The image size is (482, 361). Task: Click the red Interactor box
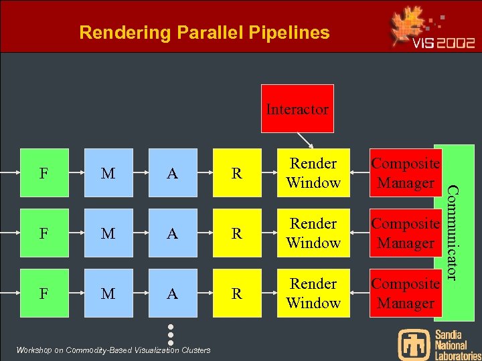(x=297, y=108)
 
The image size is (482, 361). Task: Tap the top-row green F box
(x=43, y=173)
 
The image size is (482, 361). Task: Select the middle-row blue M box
(x=108, y=233)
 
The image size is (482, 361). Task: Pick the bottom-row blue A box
(x=173, y=293)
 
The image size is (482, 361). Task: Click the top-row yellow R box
(x=237, y=173)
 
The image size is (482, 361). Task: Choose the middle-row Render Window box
(x=313, y=233)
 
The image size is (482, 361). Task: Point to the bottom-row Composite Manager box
(x=405, y=293)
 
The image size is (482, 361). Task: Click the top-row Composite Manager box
(x=405, y=173)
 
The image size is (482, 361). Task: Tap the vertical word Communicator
(x=453, y=233)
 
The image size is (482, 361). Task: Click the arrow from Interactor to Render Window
(x=305, y=140)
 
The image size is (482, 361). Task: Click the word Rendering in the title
(x=118, y=32)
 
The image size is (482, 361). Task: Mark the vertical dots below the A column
(x=171, y=334)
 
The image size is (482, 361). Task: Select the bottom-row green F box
(x=43, y=293)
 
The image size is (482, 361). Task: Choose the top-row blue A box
(x=173, y=173)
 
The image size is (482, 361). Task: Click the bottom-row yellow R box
(x=237, y=293)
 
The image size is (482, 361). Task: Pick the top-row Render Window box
(x=313, y=173)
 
